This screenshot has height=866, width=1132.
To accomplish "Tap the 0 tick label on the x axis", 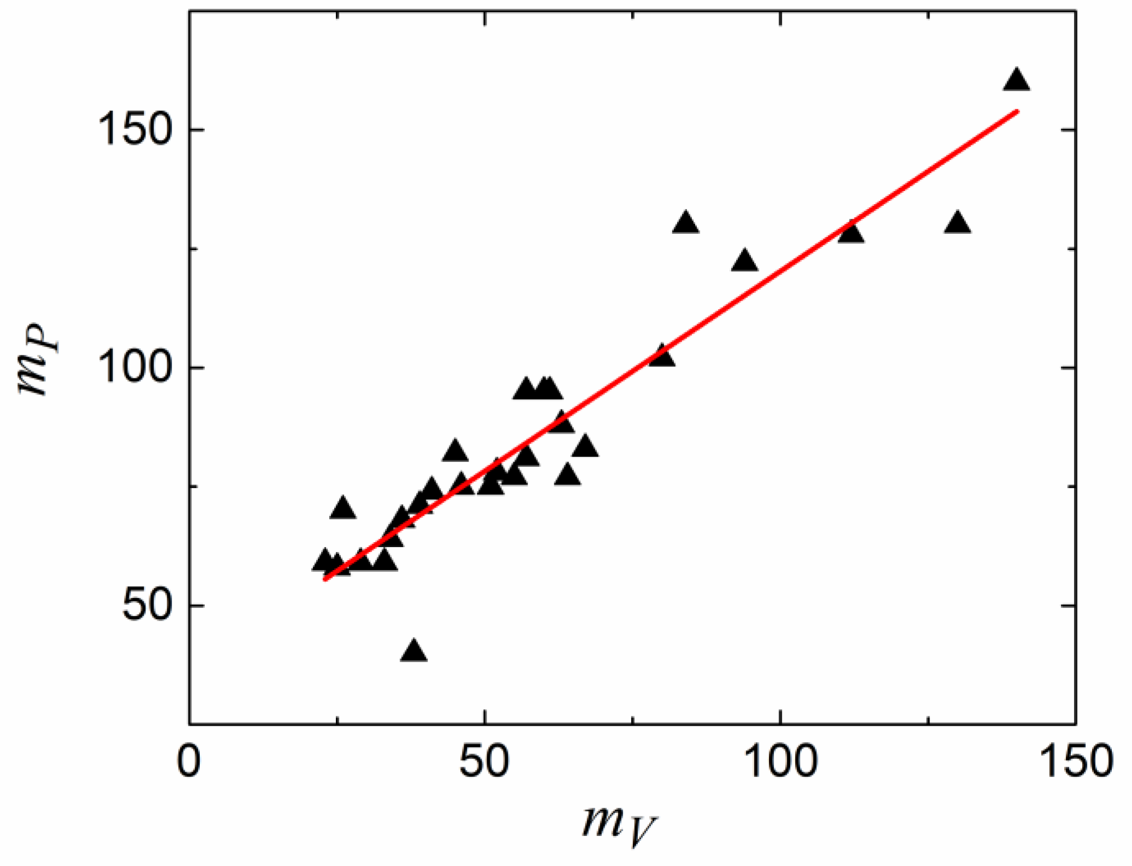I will coord(189,761).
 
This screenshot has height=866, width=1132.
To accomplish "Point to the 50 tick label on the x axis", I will coord(484,761).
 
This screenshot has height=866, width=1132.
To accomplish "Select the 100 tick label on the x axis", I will coord(780,761).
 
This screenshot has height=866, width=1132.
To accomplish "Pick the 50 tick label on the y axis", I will coord(146,606).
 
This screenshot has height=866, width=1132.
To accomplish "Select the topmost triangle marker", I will coord(1016,81).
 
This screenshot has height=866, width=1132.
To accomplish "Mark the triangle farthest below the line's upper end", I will coord(957,224).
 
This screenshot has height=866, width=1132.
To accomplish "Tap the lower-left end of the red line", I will coord(324,579).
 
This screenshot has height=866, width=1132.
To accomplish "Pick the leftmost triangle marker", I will coord(324,561).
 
